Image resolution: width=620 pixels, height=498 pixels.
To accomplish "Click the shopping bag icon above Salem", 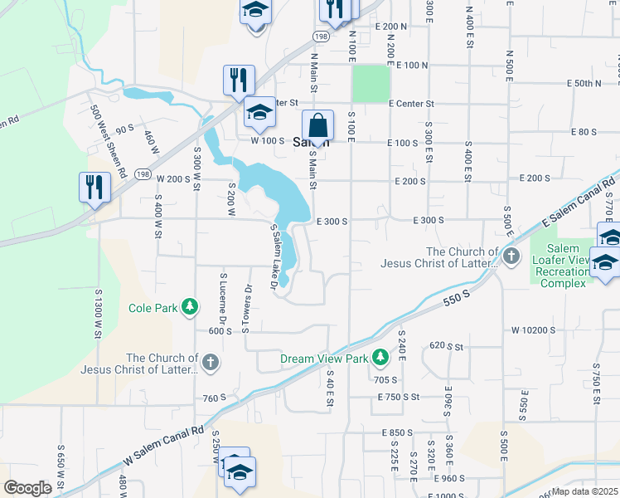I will tap(317, 126).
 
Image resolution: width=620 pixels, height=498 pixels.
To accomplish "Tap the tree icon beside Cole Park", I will tap(191, 308).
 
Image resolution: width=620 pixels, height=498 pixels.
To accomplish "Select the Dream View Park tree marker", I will tap(380, 359).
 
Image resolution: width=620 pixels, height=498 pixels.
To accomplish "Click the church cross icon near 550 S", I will tap(512, 256).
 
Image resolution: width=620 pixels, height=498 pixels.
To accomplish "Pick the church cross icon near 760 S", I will tap(211, 363).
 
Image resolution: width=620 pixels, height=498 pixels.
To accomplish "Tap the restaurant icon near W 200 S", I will tap(94, 188).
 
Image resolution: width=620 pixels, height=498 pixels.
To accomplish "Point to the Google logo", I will tap(27, 488).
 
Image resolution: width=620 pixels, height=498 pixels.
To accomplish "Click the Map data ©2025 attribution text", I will tap(585, 491).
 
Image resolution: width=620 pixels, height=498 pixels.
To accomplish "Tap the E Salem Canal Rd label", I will tap(580, 203).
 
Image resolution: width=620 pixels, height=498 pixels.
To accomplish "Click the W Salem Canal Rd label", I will tap(164, 448).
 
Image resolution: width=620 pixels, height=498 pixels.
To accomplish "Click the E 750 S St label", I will tap(399, 398).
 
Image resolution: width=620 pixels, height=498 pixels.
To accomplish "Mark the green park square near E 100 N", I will tap(370, 83).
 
